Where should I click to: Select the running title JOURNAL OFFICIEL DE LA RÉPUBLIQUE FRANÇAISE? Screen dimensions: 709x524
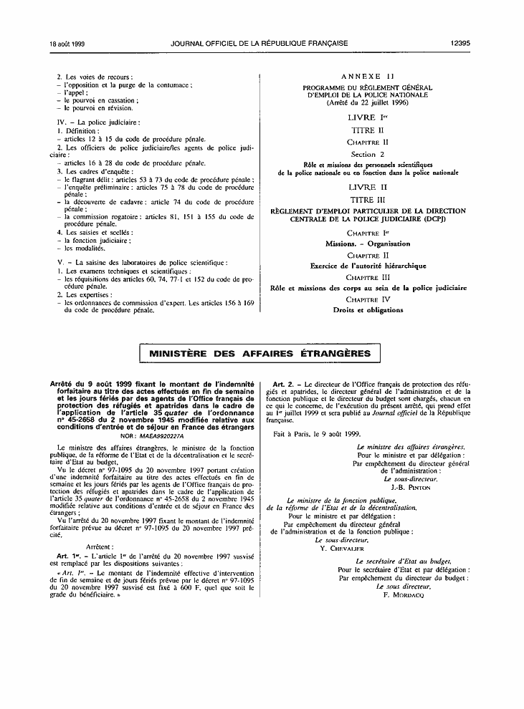(259, 44)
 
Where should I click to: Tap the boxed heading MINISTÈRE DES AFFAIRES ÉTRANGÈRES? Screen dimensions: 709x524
(259, 354)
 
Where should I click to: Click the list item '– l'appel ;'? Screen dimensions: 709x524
(70, 93)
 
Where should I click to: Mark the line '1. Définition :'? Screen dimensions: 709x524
(77, 131)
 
